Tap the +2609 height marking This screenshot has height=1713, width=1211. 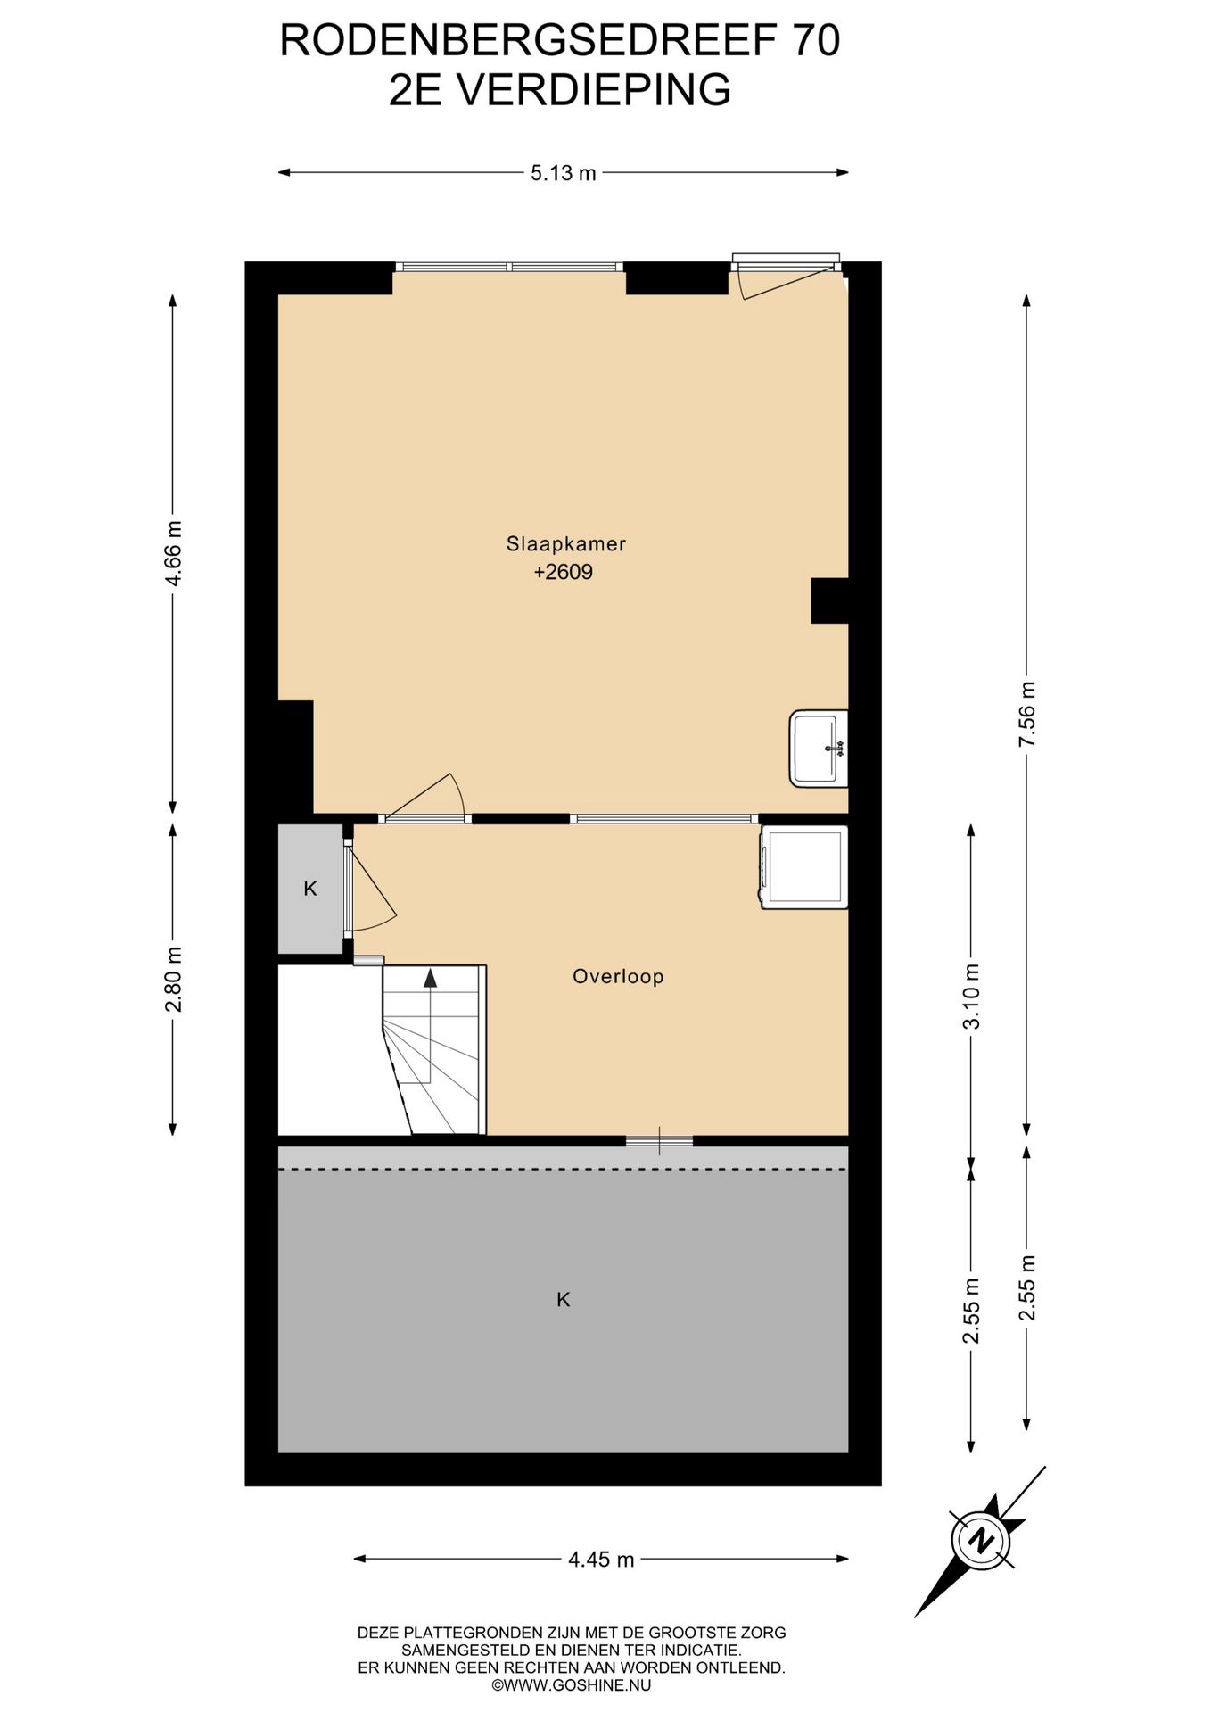tap(564, 572)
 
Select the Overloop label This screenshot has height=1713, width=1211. tap(618, 976)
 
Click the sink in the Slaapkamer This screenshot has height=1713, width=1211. tap(819, 748)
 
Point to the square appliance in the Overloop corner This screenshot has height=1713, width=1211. tap(804, 867)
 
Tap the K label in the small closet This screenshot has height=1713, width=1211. tap(310, 889)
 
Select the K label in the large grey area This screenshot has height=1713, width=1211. tap(564, 1300)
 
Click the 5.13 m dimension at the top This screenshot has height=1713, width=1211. tap(564, 173)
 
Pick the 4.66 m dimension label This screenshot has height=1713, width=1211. tap(173, 553)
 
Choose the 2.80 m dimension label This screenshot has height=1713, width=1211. tap(173, 979)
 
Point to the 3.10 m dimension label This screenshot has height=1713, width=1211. tap(971, 997)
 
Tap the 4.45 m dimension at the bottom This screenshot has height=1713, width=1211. tap(601, 1560)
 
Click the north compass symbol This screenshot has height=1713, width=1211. tap(981, 1541)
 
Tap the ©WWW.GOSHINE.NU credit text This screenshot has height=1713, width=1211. tap(572, 1685)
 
